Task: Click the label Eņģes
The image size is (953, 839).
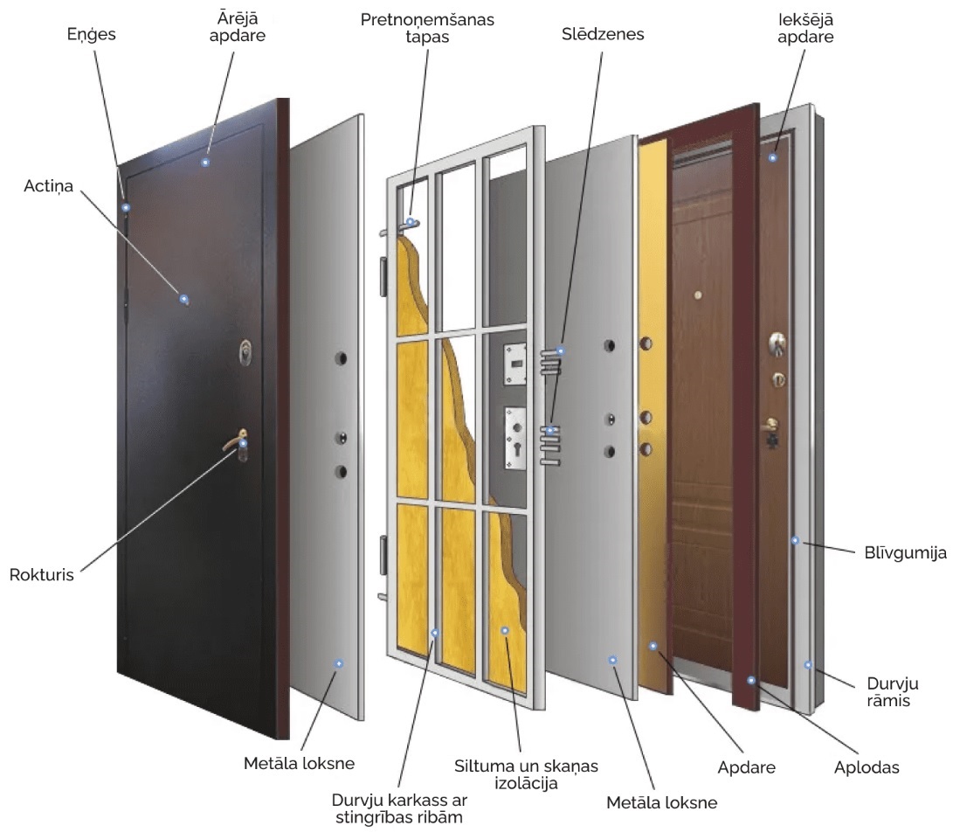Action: click(91, 35)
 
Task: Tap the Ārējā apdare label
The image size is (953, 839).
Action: click(237, 27)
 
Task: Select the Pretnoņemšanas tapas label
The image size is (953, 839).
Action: click(427, 28)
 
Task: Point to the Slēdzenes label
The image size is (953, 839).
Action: click(603, 34)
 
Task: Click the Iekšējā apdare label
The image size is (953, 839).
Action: click(805, 28)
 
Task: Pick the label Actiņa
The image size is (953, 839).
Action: click(48, 186)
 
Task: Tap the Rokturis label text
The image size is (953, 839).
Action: click(41, 574)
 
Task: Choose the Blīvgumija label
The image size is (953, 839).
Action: click(906, 552)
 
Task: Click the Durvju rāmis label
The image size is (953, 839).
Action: click(892, 692)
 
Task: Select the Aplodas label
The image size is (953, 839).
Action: click(867, 767)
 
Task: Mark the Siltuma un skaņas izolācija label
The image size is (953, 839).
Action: click(526, 774)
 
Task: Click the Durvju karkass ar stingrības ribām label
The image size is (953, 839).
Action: click(398, 808)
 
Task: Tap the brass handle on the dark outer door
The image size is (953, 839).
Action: click(236, 443)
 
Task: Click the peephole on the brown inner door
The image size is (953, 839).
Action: click(698, 295)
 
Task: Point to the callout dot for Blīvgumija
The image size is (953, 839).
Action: click(795, 540)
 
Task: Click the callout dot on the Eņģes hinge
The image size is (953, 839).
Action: click(126, 208)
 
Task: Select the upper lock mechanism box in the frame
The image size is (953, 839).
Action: click(514, 364)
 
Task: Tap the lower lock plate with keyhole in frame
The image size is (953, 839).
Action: click(515, 438)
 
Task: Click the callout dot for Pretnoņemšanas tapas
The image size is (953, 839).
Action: click(411, 222)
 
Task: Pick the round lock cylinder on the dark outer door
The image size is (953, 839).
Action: click(245, 352)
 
